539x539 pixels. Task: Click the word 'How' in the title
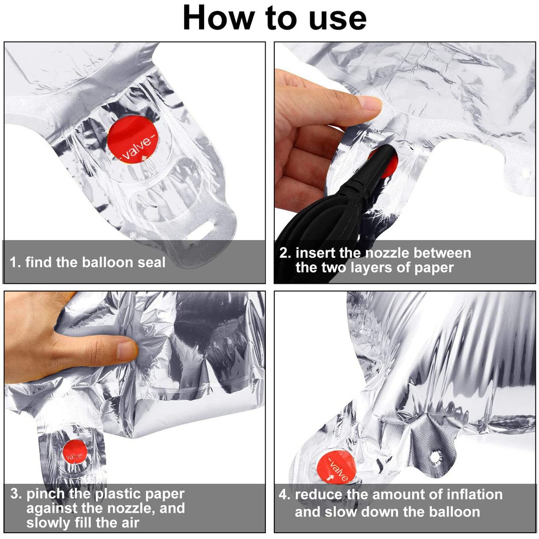[x=218, y=18]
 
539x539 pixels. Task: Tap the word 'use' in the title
[x=337, y=19]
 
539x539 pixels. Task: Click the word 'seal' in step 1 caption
[x=151, y=262]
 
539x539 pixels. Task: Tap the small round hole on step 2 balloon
[x=525, y=174]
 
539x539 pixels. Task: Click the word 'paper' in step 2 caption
[x=434, y=268]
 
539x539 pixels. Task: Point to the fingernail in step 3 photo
[x=126, y=351]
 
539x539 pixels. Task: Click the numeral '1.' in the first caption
[x=15, y=262]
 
